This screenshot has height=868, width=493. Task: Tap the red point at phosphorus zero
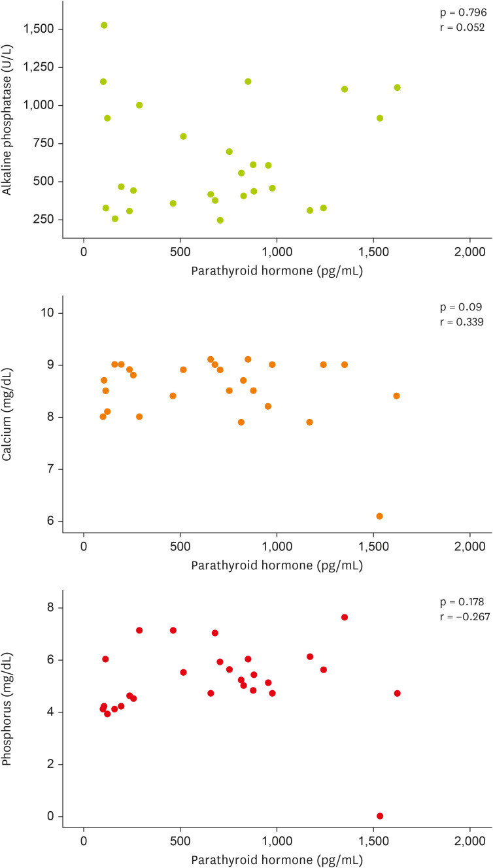click(x=380, y=816)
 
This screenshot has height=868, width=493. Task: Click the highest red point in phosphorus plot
click(x=345, y=617)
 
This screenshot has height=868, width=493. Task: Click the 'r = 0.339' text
click(x=458, y=322)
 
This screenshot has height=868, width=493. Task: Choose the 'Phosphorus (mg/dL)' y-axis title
click(x=8, y=711)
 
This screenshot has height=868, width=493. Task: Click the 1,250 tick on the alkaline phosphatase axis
click(x=39, y=67)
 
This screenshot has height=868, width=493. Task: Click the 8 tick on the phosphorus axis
click(x=50, y=608)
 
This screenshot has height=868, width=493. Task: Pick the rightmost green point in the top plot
click(x=397, y=88)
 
